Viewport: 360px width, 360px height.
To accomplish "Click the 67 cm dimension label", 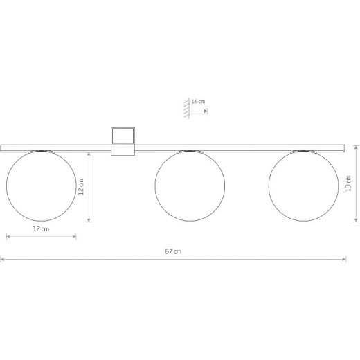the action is coord(173,251).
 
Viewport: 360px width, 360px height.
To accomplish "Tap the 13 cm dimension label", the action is coord(348,183).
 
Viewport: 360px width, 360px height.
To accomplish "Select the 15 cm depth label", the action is coord(198,102).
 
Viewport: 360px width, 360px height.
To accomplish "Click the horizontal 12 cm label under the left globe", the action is coord(41,229).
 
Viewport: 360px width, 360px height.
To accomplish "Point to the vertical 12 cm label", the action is coord(81,187).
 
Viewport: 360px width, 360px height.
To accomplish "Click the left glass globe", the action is coord(42,186).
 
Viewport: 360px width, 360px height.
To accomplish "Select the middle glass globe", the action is coord(190,186).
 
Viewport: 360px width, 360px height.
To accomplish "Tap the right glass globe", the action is coord(303,186).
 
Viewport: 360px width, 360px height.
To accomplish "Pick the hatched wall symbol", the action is coord(187,108).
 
